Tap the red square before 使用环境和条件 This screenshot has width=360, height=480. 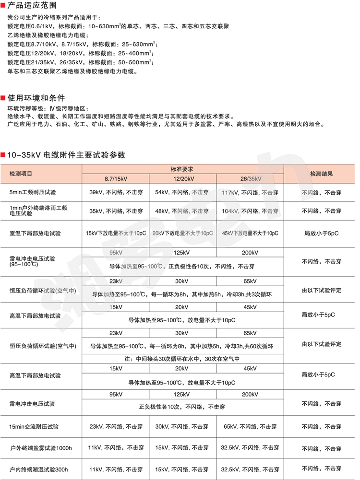click(3, 98)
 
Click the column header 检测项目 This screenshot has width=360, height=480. click(21, 173)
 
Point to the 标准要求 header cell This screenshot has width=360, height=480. click(182, 169)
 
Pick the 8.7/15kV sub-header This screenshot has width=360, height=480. click(116, 178)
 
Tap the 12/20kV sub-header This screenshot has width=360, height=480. click(183, 178)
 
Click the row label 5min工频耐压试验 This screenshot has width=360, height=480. click(33, 193)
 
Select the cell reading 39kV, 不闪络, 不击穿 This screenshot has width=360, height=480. click(116, 193)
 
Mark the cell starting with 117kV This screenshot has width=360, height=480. click(250, 193)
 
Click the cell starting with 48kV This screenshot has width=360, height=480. click(183, 211)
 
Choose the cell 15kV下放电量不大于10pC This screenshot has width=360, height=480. click(116, 233)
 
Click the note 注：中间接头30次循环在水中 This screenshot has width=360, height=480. click(182, 359)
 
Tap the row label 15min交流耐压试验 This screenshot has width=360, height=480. click(34, 426)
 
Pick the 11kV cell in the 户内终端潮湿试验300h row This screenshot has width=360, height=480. click(116, 469)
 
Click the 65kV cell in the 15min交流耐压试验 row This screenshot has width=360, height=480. click(250, 426)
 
